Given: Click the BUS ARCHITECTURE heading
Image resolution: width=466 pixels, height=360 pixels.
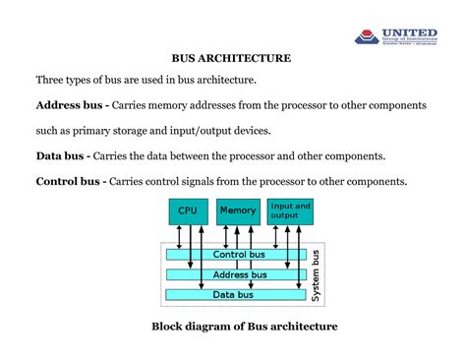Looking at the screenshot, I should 233,58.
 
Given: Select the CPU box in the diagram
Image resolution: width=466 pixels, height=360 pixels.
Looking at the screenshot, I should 187,210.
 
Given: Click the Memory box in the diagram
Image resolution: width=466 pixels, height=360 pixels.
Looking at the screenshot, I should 238,210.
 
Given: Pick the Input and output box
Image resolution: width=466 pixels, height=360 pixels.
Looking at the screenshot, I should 290,210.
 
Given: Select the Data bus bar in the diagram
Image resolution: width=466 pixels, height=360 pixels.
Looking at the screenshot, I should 234,294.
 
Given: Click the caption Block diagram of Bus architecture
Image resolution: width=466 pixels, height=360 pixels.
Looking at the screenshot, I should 244,327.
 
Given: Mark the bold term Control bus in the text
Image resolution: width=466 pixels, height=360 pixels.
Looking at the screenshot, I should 68,182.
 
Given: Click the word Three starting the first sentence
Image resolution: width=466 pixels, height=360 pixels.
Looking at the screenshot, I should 53,80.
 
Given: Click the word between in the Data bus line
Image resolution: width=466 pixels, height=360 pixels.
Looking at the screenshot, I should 205,156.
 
